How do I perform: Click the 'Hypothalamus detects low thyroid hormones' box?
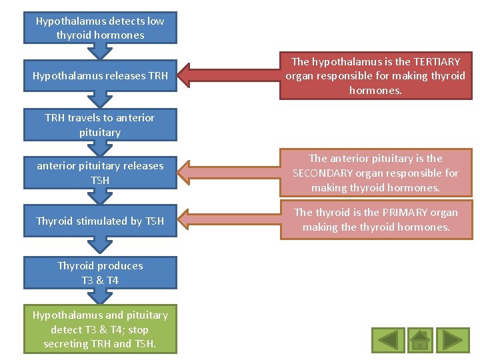(100, 28)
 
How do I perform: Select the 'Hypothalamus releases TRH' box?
(100, 76)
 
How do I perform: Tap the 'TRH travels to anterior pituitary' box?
(100, 125)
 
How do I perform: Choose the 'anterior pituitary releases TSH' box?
(100, 173)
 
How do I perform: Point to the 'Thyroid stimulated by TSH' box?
(100, 221)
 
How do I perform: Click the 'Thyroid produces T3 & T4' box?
(100, 273)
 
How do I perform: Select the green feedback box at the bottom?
(100, 329)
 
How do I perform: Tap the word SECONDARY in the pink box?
(323, 173)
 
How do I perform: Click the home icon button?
(419, 340)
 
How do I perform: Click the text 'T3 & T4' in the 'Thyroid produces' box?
(100, 281)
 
